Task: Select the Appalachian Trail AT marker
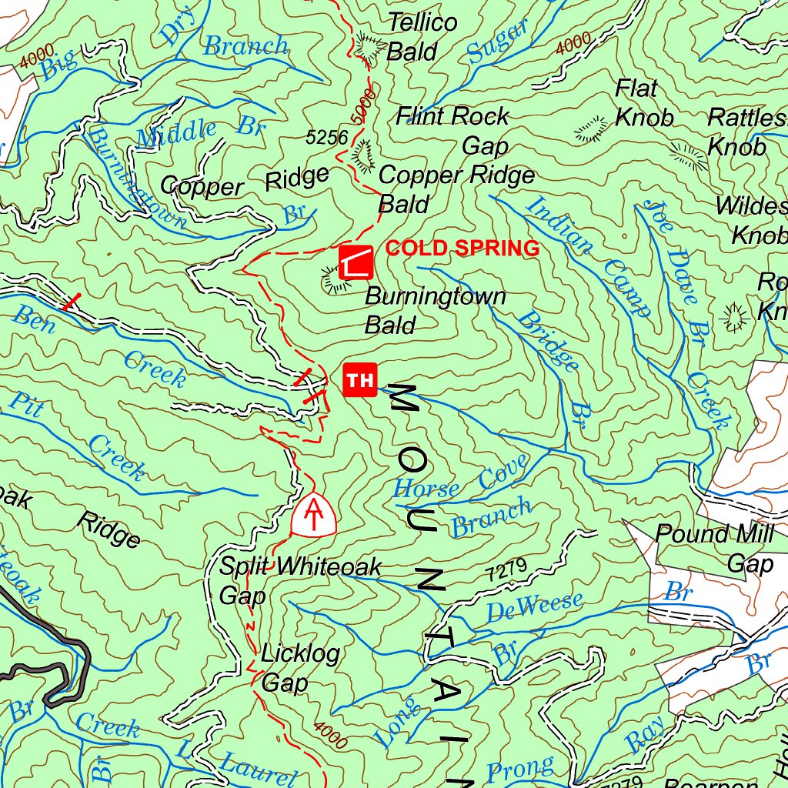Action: coord(314,513)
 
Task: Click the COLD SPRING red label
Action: coord(462,249)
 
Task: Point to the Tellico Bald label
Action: coord(422,37)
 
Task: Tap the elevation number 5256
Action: coord(327,138)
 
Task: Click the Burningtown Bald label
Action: coord(435,309)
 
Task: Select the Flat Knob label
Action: coord(643,103)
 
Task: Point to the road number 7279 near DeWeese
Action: coord(506,570)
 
